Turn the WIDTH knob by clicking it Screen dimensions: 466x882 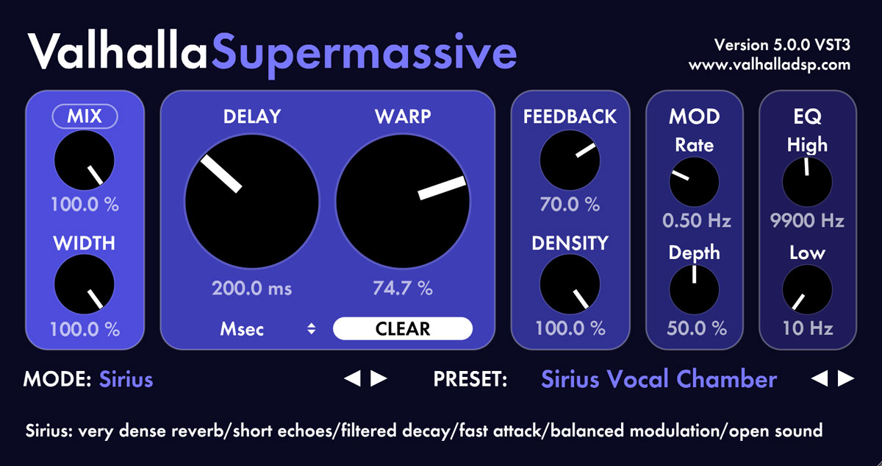tap(84, 285)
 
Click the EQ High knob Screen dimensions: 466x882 tap(806, 182)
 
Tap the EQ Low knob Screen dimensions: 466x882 tap(806, 289)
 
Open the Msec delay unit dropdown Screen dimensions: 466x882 tap(268, 329)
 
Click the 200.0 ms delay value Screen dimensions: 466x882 tap(251, 289)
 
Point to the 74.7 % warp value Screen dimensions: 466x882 tap(402, 289)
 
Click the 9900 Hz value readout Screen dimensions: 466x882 tap(806, 220)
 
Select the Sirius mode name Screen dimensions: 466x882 tap(126, 379)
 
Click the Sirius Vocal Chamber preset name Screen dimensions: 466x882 tap(659, 379)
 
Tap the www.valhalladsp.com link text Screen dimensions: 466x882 tap(769, 65)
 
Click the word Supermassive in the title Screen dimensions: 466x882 tap(364, 53)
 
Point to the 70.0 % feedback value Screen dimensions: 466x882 tap(570, 204)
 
